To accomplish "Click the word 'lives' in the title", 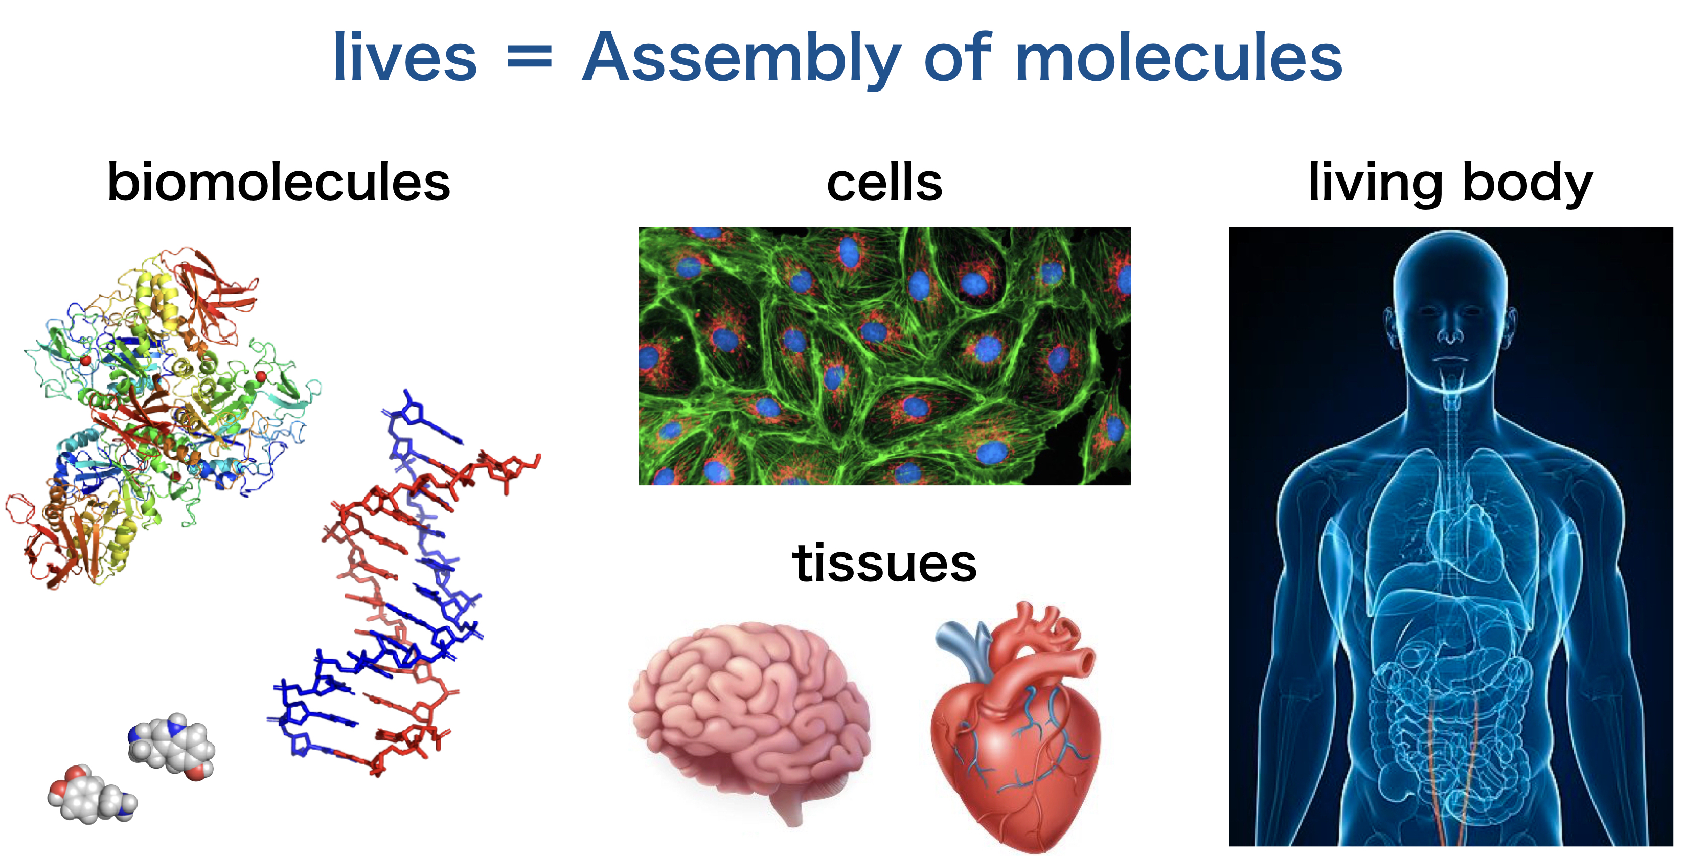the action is (x=405, y=58).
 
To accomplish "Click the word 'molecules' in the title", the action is (x=1179, y=58).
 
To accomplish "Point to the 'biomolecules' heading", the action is (x=279, y=182).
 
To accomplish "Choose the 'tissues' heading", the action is (x=884, y=562).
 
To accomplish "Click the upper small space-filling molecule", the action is (x=172, y=747).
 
